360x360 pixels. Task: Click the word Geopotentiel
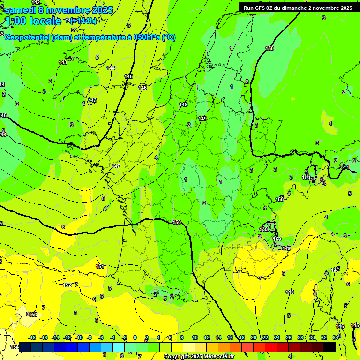click(28, 37)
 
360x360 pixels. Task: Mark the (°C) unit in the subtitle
click(169, 37)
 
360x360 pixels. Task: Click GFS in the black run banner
click(262, 8)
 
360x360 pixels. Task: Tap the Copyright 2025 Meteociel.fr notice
click(199, 357)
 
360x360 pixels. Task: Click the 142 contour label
click(36, 3)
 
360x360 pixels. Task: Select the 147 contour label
click(116, 166)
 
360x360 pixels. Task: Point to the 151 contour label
click(100, 266)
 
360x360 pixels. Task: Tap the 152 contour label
click(67, 285)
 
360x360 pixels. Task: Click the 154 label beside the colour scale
click(15, 347)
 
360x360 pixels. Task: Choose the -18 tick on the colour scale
click(32, 337)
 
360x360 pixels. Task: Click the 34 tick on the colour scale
click(336, 337)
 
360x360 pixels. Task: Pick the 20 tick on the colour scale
click(254, 337)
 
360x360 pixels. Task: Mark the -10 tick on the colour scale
click(79, 337)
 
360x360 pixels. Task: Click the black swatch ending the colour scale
click(330, 347)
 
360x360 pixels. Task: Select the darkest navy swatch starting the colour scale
click(25, 347)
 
